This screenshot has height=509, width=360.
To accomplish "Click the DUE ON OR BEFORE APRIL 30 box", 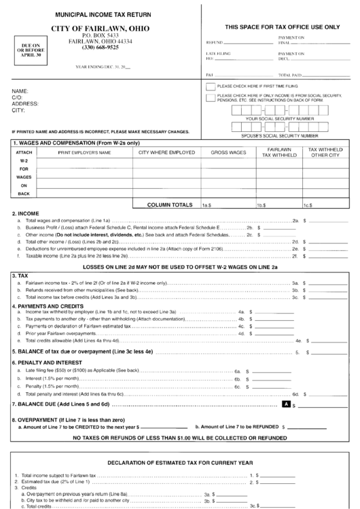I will pos(31,49).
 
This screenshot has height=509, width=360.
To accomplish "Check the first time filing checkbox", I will pos(211,86).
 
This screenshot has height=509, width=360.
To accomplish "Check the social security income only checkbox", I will pos(211,98).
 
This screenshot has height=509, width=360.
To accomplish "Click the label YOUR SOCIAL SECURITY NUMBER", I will pos(280,118).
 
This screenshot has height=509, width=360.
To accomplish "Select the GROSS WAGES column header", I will pos(228,153).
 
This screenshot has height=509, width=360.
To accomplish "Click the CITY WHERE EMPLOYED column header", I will pos(166,153).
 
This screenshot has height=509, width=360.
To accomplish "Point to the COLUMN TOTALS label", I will pos(170,204).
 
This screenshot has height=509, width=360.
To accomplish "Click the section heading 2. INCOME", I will pos(24,213).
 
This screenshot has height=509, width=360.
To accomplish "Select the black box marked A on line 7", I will pos(287,404).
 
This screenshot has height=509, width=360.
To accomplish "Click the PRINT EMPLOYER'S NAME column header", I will pos(84,153).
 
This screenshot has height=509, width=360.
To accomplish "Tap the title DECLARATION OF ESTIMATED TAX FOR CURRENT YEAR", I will pos(180,462).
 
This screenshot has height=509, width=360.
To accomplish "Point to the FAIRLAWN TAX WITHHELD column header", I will pos(279,152).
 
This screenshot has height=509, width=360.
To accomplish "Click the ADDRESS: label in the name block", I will pos(25,103).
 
